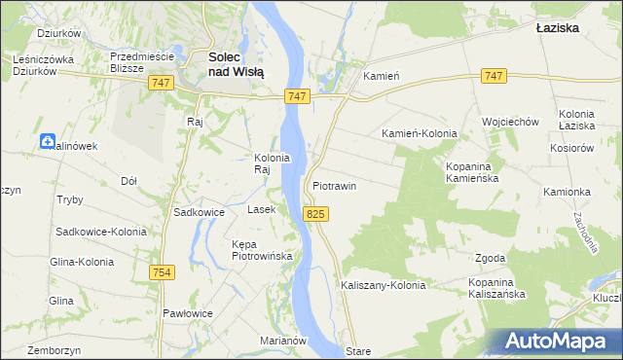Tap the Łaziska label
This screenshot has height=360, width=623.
point(558,28)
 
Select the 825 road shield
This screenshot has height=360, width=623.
point(313,213)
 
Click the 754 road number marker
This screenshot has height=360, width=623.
point(162,273)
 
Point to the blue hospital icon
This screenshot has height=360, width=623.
point(48,142)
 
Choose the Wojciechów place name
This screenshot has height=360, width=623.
point(510,122)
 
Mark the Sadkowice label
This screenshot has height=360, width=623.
point(199,211)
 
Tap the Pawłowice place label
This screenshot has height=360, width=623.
point(188,313)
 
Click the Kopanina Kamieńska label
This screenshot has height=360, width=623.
point(472,173)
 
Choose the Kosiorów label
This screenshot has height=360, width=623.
point(571,147)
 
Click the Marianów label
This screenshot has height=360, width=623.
point(283,341)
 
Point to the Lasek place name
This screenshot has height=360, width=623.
point(262,209)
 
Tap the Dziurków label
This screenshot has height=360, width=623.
point(57,32)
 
